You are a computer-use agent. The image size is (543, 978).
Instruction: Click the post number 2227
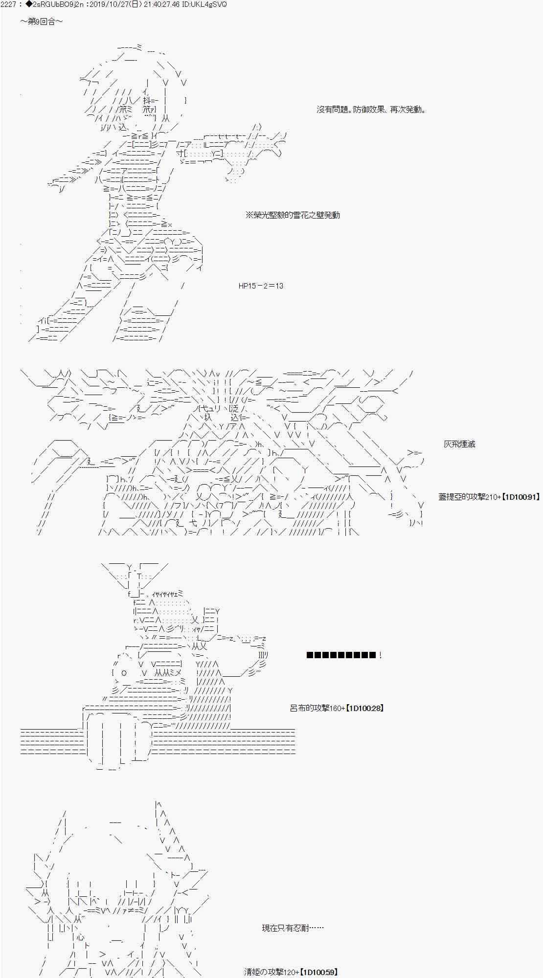pos(9,4)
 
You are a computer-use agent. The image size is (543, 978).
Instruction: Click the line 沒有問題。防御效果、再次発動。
pos(371,110)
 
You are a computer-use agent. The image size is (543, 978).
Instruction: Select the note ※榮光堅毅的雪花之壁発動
pos(293,215)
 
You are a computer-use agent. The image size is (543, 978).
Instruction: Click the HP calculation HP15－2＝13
pos(261,286)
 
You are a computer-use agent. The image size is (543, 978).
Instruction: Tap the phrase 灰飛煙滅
pos(459,445)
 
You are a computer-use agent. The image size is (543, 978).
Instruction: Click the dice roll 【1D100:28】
pos(365,708)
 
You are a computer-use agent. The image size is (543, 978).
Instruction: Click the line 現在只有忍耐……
pos(293,928)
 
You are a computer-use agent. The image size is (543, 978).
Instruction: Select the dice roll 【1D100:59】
pos(318,973)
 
